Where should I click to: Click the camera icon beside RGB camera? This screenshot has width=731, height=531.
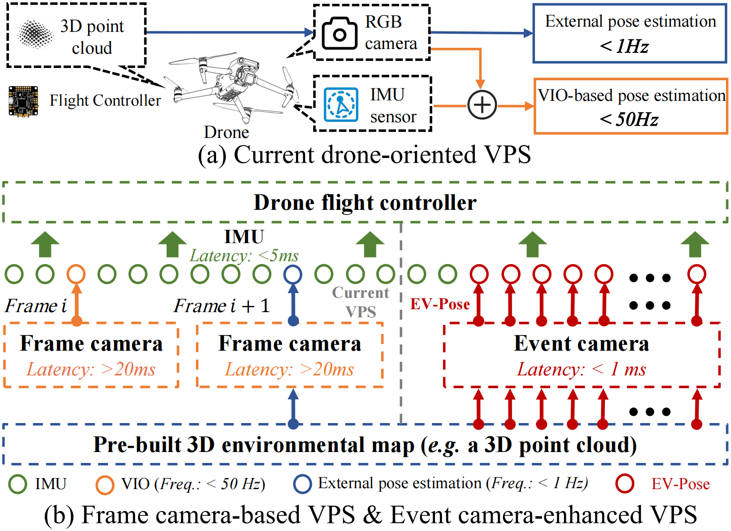[339, 33]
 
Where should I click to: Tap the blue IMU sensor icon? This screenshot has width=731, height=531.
[341, 104]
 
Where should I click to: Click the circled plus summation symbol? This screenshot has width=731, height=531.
[482, 105]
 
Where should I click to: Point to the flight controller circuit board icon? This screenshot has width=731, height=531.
[23, 101]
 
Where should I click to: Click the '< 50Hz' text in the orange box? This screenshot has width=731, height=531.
[629, 119]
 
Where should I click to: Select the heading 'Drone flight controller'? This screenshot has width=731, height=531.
[365, 203]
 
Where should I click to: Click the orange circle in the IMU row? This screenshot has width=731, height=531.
[76, 274]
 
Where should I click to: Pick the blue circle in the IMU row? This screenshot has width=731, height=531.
[293, 274]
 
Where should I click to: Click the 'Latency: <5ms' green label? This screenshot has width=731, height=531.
[244, 256]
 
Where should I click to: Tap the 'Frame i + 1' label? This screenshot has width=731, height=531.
[222, 306]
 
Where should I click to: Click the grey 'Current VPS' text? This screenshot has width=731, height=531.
[361, 302]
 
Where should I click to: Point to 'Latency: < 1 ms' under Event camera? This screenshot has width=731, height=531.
[582, 369]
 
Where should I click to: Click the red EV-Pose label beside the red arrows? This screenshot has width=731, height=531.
[440, 304]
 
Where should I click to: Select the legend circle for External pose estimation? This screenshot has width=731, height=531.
[303, 484]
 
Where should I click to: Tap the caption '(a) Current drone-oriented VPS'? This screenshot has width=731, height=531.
[365, 155]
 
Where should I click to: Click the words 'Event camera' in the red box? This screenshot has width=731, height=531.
[582, 344]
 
